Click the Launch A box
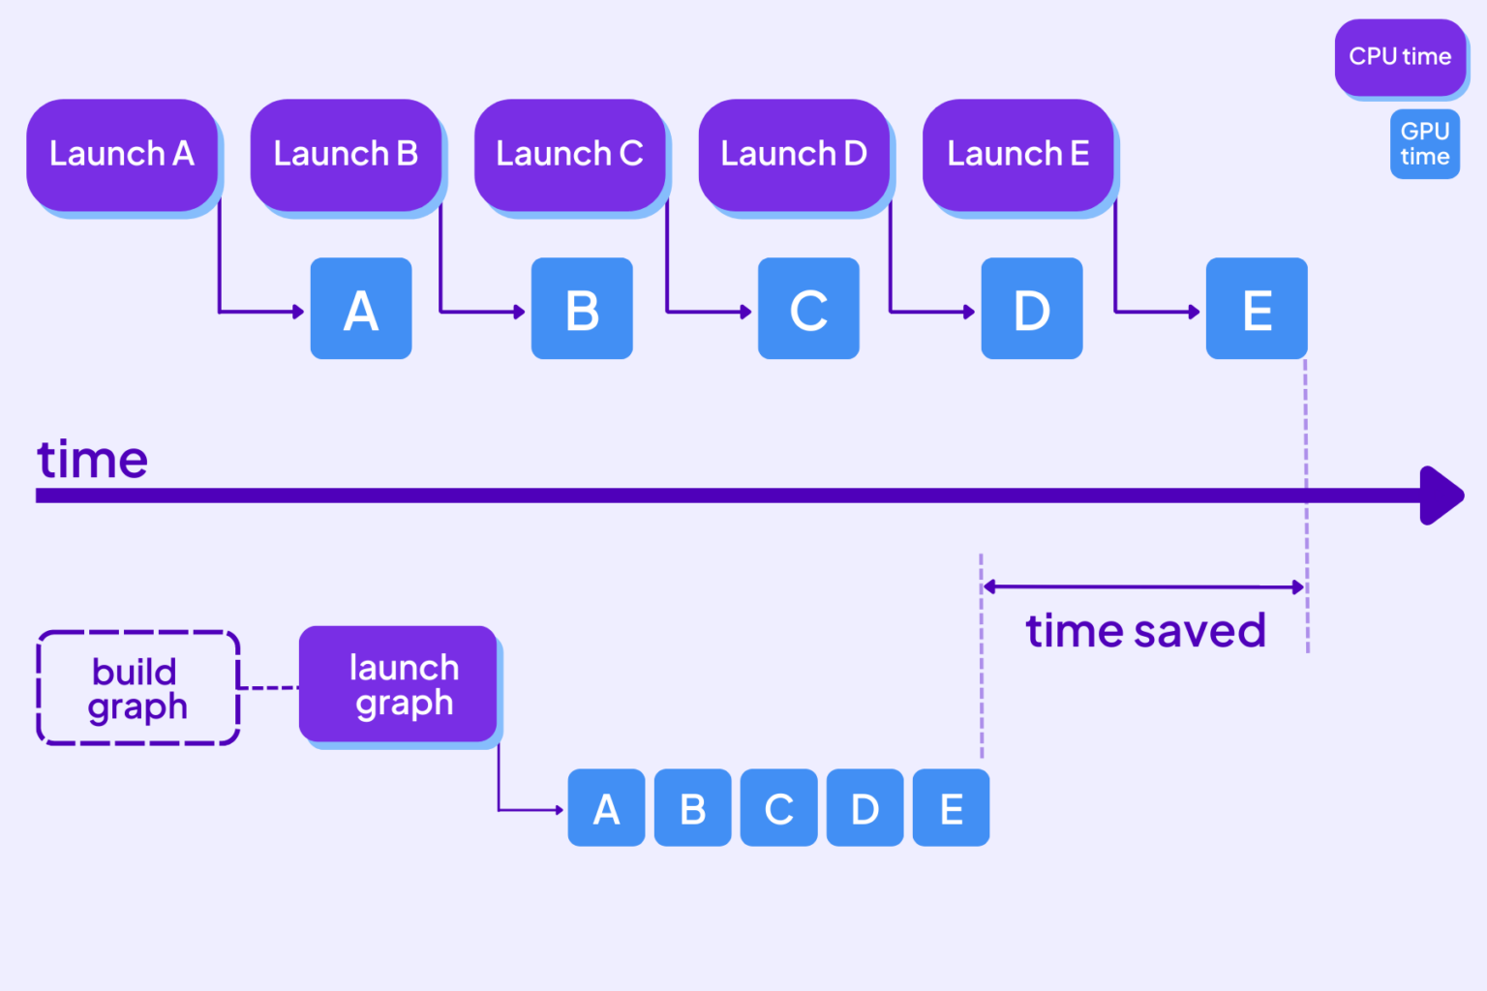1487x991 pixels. (122, 155)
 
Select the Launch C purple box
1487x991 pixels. (569, 155)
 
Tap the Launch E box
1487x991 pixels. (1017, 155)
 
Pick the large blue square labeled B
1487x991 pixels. (582, 309)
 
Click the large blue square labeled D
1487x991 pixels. (1032, 309)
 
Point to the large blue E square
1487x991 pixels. (1257, 309)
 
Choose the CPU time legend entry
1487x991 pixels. (1400, 57)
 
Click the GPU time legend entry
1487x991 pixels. (1424, 144)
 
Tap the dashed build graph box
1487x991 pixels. (137, 688)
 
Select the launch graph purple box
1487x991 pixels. (398, 684)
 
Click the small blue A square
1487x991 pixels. (606, 808)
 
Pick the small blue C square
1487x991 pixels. (778, 808)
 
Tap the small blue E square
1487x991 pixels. (951, 808)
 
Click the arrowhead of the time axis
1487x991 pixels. (1441, 495)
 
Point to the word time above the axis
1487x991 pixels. (93, 460)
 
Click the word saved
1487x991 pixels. (1200, 632)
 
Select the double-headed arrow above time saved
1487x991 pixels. (1143, 586)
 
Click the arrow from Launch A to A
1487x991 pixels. (257, 312)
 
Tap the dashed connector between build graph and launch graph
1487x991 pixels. (268, 687)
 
